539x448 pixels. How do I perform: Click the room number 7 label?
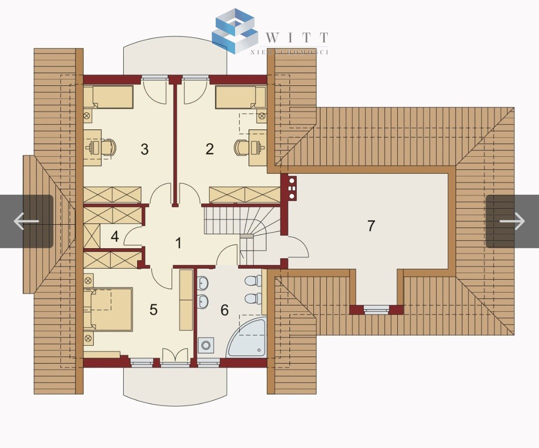coord(371,226)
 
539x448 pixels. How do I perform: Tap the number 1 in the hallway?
coord(178,243)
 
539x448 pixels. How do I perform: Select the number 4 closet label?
coord(115,237)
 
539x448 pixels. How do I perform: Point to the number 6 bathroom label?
coord(225,310)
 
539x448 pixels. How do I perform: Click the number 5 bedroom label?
coord(153,310)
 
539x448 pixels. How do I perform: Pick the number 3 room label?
coord(144,149)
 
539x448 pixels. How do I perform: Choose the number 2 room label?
coord(209,149)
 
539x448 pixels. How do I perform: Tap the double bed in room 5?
coord(108,310)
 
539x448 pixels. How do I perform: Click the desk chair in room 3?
coord(109,147)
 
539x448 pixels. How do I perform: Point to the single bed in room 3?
coord(109,97)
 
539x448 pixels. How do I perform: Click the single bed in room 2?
coord(241,97)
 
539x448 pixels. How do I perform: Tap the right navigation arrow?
coord(512,221)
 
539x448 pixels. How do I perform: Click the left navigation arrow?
coord(26,221)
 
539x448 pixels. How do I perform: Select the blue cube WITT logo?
coord(235,31)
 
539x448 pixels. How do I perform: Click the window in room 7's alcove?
coord(376,310)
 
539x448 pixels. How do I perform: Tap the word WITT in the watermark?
coord(297,37)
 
